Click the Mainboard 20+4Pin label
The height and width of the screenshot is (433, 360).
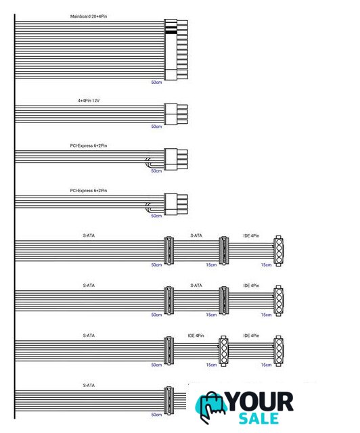tap(89, 16)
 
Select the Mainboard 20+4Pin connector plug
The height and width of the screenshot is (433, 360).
tap(176, 49)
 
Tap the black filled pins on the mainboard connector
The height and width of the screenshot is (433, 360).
tap(171, 30)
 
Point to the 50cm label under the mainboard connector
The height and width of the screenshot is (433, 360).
tap(156, 83)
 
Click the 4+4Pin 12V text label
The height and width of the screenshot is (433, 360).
tap(89, 101)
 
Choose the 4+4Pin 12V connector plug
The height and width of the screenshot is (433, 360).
tap(176, 114)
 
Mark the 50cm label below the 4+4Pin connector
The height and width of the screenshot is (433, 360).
tap(156, 127)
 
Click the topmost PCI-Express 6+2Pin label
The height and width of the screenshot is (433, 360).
tap(89, 145)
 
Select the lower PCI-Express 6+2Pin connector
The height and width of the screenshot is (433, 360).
tap(176, 204)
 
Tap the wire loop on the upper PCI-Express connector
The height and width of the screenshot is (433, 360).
tap(147, 163)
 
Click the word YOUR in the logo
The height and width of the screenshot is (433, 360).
tap(260, 402)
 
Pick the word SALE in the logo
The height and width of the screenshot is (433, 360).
tap(258, 419)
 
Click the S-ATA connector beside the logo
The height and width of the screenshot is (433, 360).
tap(168, 401)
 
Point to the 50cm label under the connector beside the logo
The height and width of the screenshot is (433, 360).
tap(156, 415)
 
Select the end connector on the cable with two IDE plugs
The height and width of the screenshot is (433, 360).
tap(278, 351)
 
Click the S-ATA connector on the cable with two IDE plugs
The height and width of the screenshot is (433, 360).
tap(168, 350)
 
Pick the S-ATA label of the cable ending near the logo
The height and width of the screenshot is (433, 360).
tap(89, 385)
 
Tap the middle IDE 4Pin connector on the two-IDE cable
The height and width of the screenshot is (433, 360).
tap(223, 351)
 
